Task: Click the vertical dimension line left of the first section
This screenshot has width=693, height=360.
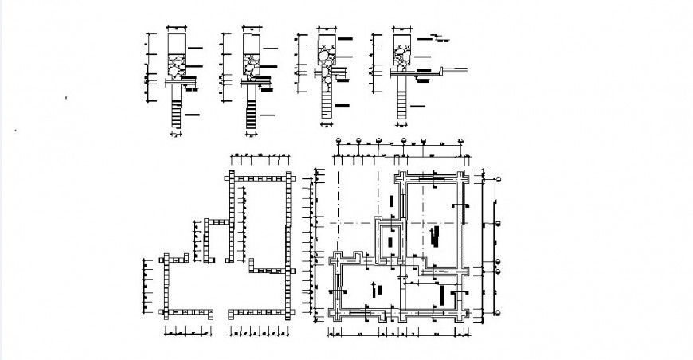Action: (x=147, y=72)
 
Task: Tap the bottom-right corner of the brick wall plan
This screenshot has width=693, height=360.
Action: (x=288, y=311)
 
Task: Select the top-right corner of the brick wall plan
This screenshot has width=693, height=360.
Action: (x=288, y=176)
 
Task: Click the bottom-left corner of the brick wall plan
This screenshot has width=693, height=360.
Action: (x=165, y=311)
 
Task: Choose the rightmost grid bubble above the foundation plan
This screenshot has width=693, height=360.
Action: (x=460, y=141)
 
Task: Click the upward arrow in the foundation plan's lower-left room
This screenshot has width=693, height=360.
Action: (x=374, y=284)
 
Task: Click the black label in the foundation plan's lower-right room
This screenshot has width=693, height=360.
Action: (x=443, y=296)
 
